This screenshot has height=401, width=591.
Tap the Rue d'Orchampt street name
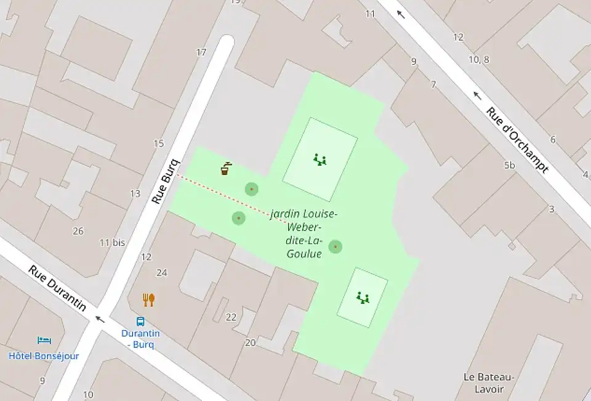pos(517,140)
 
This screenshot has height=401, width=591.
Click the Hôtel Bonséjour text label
pos(44,356)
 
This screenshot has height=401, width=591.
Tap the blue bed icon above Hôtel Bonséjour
pos(44,340)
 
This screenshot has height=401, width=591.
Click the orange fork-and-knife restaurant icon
pos(148,300)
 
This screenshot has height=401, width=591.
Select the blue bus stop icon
pos(141,321)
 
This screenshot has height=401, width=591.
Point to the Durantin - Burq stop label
pos(140,339)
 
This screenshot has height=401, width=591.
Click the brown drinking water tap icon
pos(226,168)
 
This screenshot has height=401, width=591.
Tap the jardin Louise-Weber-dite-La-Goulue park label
pos(304,233)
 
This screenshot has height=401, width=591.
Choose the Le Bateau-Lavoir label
pos(489,383)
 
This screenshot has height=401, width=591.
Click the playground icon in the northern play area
pos(320,160)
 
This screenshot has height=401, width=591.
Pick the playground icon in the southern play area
pos(363,298)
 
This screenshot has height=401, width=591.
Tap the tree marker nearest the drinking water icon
pos(251,189)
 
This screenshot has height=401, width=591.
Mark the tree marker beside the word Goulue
pos(335,247)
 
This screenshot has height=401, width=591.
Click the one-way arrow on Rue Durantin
pos(99,319)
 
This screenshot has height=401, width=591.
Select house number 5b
pos(509,166)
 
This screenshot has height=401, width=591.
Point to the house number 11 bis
pos(112,243)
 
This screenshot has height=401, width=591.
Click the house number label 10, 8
pos(478,60)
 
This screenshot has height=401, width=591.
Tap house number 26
pos(78,231)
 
